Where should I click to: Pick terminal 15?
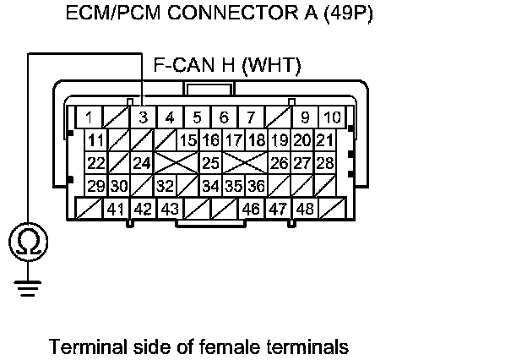(x=187, y=139)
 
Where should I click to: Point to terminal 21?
(x=324, y=139)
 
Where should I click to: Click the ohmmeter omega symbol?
(x=28, y=243)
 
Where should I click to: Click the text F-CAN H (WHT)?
(x=227, y=66)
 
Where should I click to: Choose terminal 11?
(x=95, y=139)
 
